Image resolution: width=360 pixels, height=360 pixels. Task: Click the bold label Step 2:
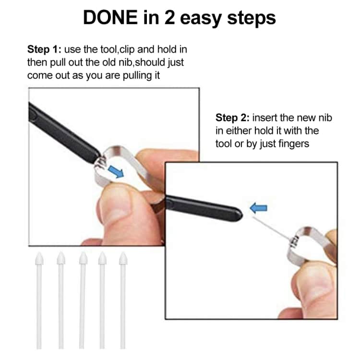233,118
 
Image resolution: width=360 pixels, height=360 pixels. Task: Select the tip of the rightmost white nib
123,260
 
